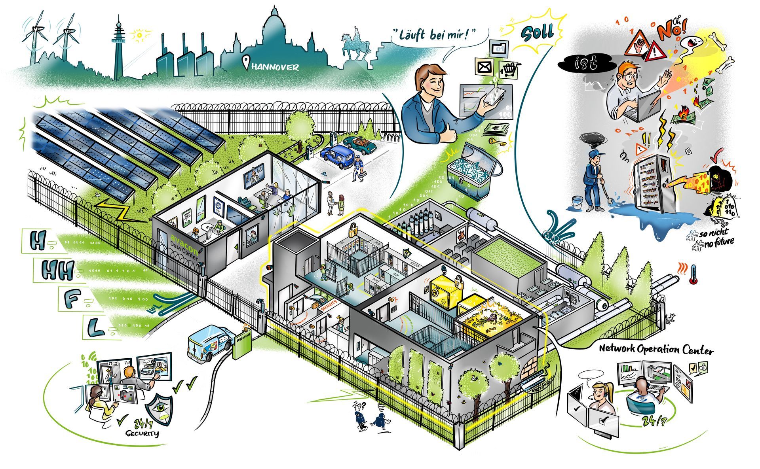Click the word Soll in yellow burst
[537, 32]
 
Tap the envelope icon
[484, 67]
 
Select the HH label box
[53, 270]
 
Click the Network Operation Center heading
[656, 349]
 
